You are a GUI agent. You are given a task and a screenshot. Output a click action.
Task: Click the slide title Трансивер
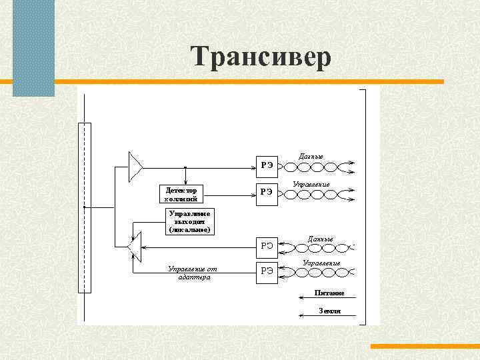click(260, 57)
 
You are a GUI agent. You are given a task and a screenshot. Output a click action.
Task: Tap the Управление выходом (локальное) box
click(190, 221)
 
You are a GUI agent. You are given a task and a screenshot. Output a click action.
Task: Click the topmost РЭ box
click(267, 164)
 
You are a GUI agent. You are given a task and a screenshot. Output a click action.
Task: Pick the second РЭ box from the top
click(267, 192)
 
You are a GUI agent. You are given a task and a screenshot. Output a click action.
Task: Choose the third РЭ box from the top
click(267, 245)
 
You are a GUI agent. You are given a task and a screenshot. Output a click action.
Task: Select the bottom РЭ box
click(267, 271)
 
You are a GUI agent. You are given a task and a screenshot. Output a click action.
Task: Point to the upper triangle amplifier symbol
click(135, 166)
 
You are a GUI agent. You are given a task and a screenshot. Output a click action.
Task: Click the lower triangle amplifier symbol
click(135, 246)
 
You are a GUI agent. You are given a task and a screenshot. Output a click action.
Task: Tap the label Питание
click(329, 293)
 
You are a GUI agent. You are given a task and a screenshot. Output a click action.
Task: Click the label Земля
click(329, 311)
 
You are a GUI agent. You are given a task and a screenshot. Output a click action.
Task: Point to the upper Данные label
click(311, 157)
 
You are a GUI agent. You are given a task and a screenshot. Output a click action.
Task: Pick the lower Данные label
click(320, 238)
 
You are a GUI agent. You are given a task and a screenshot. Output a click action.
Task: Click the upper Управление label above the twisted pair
click(311, 183)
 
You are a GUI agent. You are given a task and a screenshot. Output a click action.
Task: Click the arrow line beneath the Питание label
click(333, 298)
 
